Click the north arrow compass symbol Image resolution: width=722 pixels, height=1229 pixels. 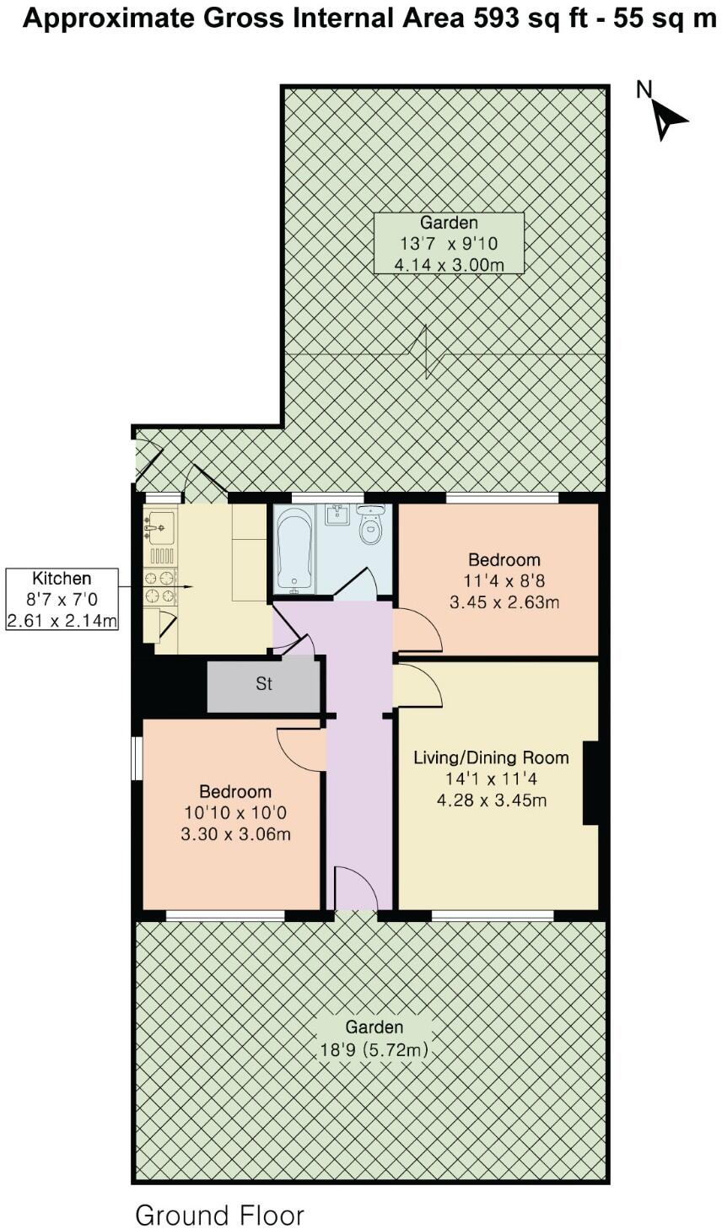(667, 116)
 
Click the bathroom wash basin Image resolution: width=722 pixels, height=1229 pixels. (337, 514)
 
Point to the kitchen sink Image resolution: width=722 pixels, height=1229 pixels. (159, 526)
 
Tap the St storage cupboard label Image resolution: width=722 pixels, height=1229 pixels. (264, 684)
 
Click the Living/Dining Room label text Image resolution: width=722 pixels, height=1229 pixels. (491, 757)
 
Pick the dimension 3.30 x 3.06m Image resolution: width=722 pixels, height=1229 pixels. (235, 835)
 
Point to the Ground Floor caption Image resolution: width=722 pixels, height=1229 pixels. (219, 1215)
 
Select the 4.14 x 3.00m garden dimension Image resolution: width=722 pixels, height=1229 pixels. (450, 265)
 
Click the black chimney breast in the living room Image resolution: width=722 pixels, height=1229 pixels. (591, 783)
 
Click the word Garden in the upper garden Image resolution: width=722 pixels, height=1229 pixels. (450, 223)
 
